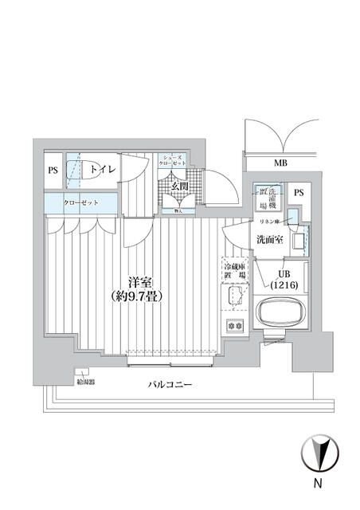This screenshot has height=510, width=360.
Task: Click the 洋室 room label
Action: click(x=143, y=281)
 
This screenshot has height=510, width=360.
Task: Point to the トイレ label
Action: click(x=102, y=169)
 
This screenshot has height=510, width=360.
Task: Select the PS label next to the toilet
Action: click(x=53, y=170)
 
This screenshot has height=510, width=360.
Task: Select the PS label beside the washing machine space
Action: click(x=299, y=193)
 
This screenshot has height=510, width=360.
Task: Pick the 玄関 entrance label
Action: click(x=179, y=186)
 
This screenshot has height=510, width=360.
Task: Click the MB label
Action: click(x=280, y=164)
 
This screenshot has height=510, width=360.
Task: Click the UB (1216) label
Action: click(x=284, y=279)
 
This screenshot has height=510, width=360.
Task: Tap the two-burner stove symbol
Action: click(x=234, y=325)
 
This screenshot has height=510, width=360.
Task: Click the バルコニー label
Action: click(x=170, y=385)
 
